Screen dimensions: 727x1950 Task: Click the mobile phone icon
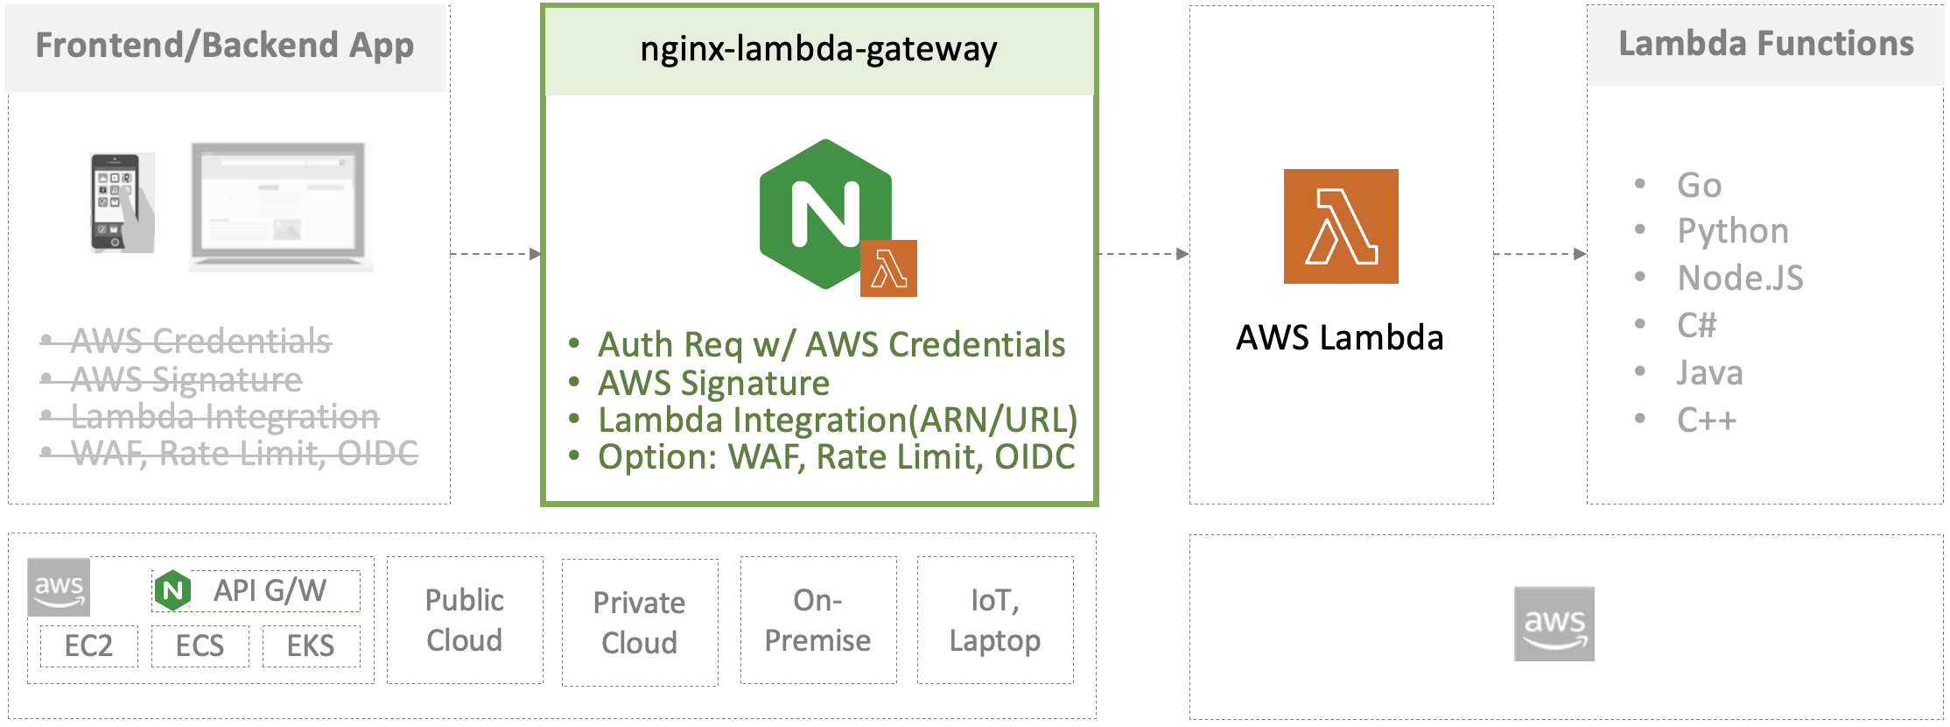122,203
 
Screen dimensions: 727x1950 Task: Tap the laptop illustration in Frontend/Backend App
281,206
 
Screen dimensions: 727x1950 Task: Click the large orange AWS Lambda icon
1340,226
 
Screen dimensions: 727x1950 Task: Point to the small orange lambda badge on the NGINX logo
888,268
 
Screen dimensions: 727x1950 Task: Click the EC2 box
88,646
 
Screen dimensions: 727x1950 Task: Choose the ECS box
200,646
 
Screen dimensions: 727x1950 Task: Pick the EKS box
311,646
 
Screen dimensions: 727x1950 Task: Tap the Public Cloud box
465,620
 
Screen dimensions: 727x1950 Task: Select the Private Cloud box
640,623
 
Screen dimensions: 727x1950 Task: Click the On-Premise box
818,620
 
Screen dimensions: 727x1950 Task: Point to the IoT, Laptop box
995,620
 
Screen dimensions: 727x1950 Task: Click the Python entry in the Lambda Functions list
1733,231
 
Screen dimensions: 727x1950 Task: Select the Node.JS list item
1740,279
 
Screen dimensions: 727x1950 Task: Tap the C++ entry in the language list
1707,420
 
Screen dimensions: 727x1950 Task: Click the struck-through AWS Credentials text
200,341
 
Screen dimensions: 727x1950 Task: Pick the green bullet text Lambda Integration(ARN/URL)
837,420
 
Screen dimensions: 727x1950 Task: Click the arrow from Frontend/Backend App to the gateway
495,254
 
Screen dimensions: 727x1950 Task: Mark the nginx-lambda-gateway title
818,50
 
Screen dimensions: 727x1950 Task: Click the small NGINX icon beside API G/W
173,591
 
